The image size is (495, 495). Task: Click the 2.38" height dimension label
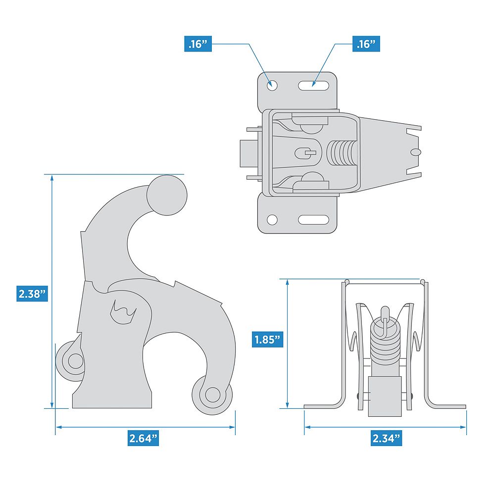point(33,293)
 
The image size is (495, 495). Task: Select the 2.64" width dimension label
point(144,438)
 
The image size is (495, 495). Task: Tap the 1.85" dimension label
point(267,340)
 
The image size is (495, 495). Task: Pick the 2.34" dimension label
point(386,438)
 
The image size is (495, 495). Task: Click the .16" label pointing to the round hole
point(198,44)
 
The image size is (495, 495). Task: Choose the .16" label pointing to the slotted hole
point(367,44)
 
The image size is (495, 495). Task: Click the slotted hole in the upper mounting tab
point(314,85)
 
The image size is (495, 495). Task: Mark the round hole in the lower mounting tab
point(272,219)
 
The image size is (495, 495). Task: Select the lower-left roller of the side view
point(74,361)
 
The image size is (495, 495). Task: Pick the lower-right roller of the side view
point(212,395)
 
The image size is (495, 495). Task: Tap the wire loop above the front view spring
point(385,317)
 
